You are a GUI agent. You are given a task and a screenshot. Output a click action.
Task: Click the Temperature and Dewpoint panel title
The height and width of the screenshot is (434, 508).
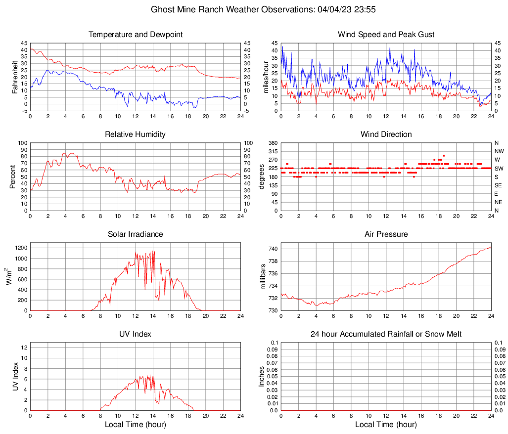click(x=135, y=35)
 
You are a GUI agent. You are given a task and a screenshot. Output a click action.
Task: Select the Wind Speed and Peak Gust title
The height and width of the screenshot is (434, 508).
click(x=386, y=35)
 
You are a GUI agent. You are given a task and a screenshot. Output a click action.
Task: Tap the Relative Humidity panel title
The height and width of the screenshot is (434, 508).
click(x=135, y=134)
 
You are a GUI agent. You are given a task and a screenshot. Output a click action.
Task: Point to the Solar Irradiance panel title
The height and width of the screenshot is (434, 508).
click(x=135, y=234)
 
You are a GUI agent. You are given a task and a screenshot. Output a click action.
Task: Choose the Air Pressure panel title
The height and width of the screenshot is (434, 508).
click(x=386, y=234)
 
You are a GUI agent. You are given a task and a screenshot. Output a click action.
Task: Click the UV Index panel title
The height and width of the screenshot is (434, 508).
click(x=135, y=334)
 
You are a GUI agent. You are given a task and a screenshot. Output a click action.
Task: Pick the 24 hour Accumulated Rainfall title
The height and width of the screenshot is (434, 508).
click(x=386, y=334)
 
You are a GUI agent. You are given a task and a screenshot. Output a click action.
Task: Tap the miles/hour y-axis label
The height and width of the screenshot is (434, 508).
click(x=266, y=77)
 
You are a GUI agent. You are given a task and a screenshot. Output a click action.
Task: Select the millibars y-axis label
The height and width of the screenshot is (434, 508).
click(x=263, y=277)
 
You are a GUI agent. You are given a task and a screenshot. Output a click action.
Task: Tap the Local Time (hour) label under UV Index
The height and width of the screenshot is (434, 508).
click(x=135, y=425)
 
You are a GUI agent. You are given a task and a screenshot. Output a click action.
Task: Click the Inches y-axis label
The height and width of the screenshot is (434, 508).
click(x=262, y=377)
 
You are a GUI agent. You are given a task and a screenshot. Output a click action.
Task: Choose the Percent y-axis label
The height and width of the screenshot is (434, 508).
click(x=13, y=176)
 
